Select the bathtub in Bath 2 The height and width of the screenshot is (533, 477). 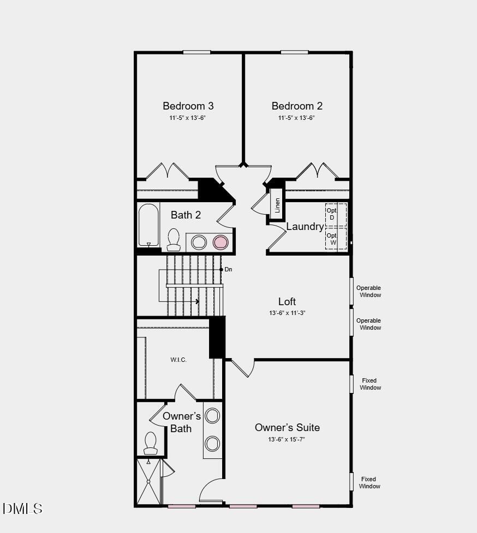[148, 225]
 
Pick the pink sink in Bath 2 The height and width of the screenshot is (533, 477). [220, 242]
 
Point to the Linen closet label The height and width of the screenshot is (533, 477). [277, 205]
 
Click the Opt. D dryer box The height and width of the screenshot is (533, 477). [332, 214]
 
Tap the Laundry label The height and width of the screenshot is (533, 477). [305, 226]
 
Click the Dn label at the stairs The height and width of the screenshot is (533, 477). [228, 269]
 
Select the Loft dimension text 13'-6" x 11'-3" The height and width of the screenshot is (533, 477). [287, 313]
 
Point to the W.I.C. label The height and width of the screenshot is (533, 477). [178, 360]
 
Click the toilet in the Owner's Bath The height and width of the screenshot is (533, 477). [151, 442]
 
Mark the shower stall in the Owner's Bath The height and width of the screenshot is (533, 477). [148, 482]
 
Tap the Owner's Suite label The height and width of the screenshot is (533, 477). [287, 427]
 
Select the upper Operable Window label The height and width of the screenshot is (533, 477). [368, 292]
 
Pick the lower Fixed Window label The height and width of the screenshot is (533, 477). [369, 483]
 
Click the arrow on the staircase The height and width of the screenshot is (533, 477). [196, 301]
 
